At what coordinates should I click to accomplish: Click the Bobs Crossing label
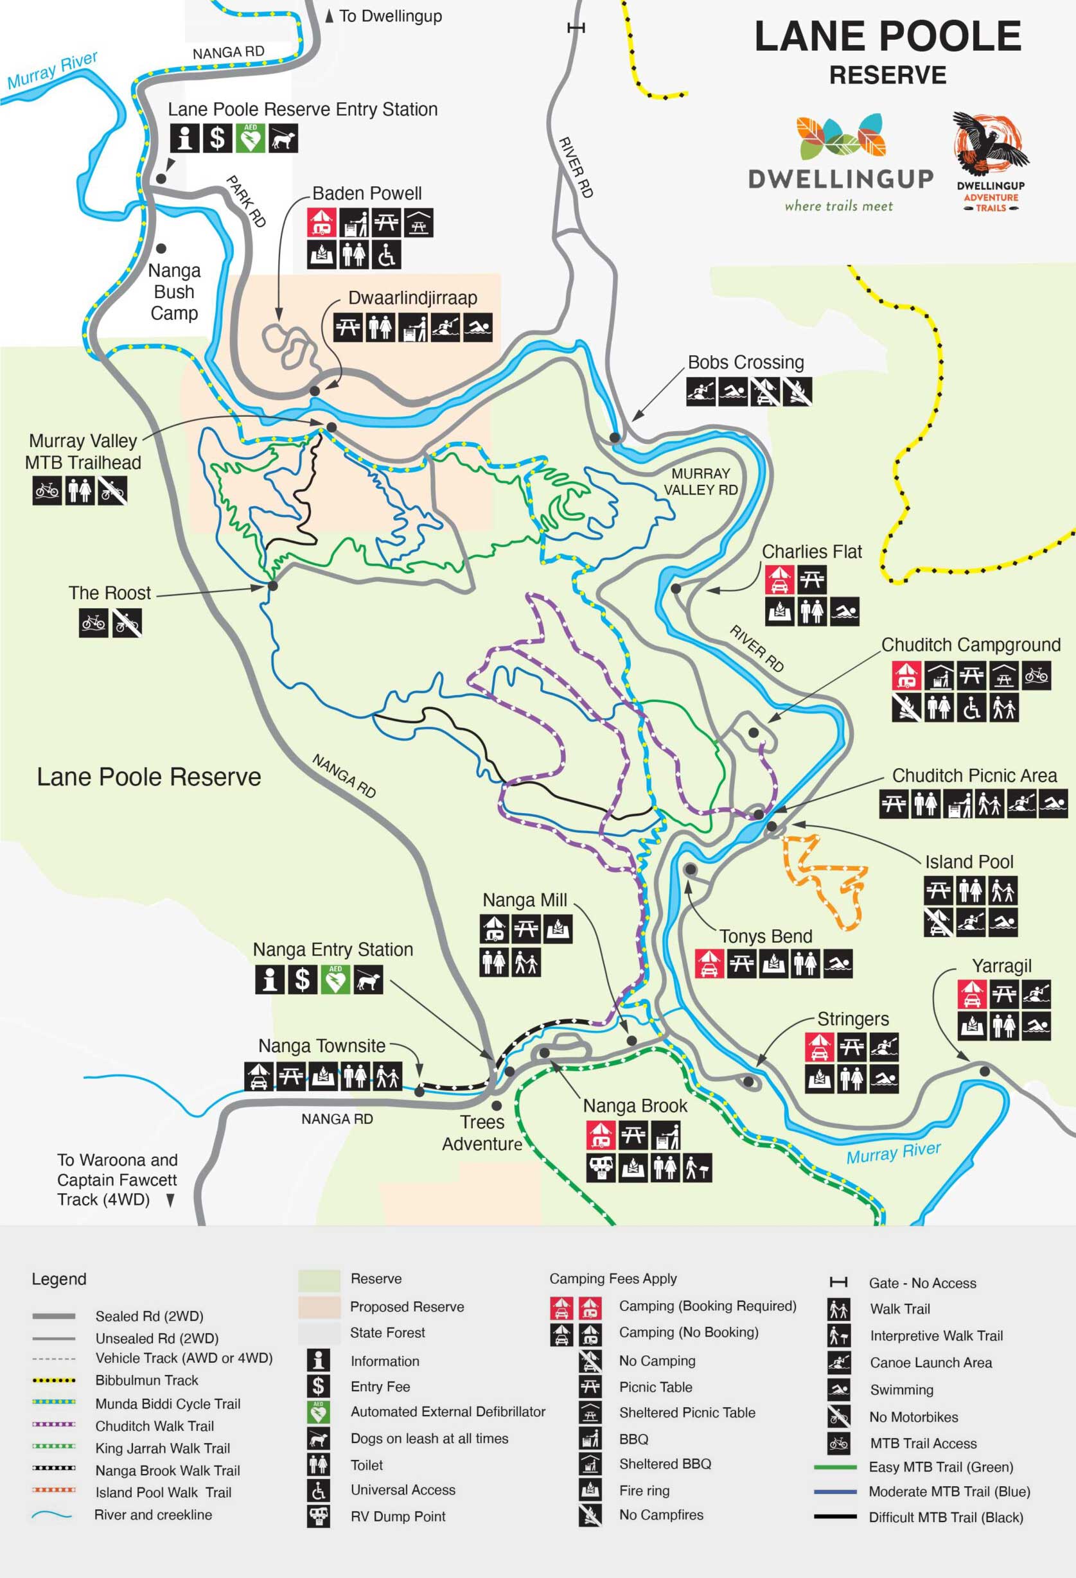pyautogui.click(x=745, y=363)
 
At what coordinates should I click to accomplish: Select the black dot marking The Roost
pyautogui.click(x=272, y=585)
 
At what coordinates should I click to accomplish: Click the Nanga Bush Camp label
pyautogui.click(x=174, y=292)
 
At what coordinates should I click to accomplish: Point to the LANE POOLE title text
pyautogui.click(x=887, y=37)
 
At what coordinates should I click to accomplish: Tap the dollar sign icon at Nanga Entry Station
pyautogui.click(x=303, y=979)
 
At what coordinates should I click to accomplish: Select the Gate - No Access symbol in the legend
pyautogui.click(x=838, y=1282)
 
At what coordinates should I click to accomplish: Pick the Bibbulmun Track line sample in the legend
pyautogui.click(x=54, y=1380)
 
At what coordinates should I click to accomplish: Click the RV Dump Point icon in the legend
pyautogui.click(x=318, y=1516)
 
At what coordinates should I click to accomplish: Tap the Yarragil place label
pyautogui.click(x=1001, y=965)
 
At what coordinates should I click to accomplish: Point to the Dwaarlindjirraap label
pyautogui.click(x=412, y=298)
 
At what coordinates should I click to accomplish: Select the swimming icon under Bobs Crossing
pyautogui.click(x=732, y=392)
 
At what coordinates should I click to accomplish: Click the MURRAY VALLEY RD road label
pyautogui.click(x=700, y=481)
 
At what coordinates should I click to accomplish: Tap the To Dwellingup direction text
pyautogui.click(x=390, y=16)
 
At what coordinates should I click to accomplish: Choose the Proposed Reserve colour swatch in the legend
pyautogui.click(x=319, y=1306)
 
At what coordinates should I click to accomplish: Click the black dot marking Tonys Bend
pyautogui.click(x=690, y=869)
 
